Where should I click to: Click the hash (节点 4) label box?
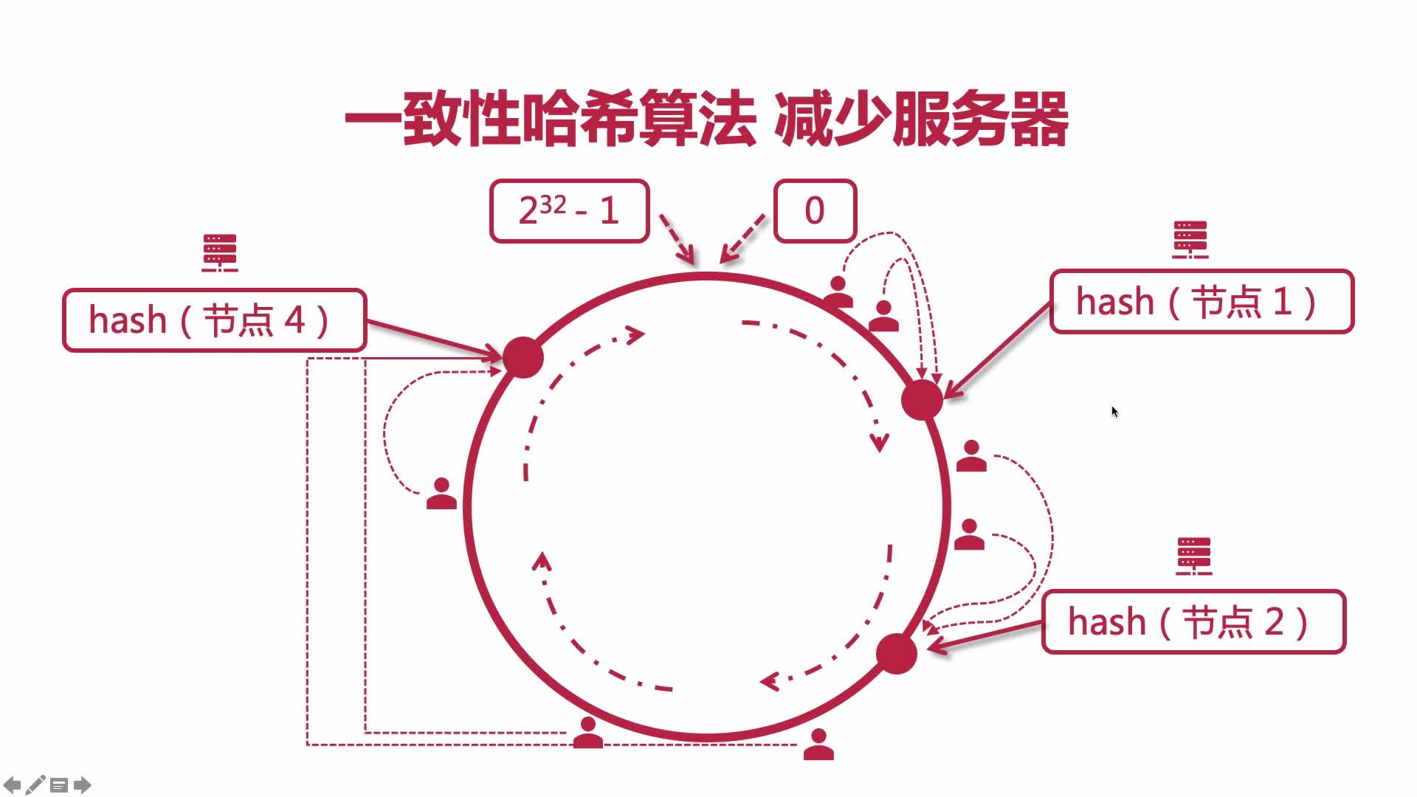(214, 320)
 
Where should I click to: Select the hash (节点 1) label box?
(1201, 302)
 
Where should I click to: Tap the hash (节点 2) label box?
(1193, 622)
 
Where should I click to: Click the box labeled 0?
(815, 211)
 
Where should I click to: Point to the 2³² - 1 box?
(569, 211)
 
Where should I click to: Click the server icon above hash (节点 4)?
(220, 252)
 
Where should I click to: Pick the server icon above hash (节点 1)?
(1190, 240)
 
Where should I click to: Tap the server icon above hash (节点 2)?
(1194, 556)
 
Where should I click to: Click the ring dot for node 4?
(523, 358)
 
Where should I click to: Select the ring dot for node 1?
(922, 400)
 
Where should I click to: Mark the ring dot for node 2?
(897, 654)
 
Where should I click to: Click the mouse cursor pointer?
(1114, 412)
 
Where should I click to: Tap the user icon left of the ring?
(441, 494)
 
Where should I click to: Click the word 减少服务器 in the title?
(921, 119)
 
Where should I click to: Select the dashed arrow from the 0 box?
(742, 238)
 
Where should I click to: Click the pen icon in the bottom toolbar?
(35, 784)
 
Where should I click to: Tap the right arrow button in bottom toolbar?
(83, 784)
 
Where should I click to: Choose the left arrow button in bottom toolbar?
(12, 784)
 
